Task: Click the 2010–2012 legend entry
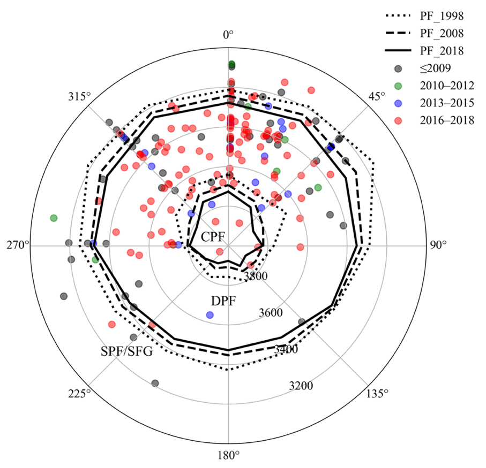[448, 86]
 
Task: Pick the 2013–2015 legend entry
[448, 103]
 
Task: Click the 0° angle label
[229, 36]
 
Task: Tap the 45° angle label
[377, 97]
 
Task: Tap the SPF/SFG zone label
[127, 351]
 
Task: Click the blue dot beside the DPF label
[210, 314]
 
